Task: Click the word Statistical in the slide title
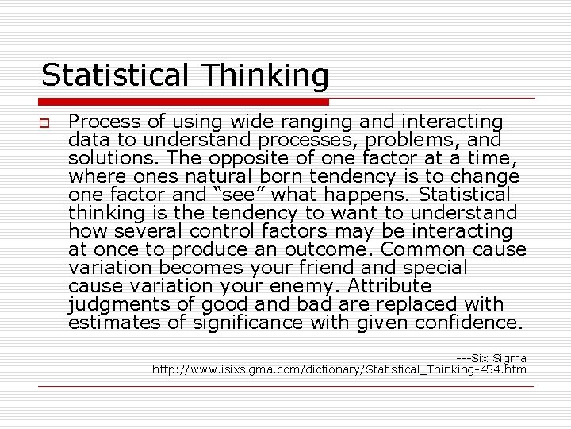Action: [114, 76]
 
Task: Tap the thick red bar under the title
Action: [184, 102]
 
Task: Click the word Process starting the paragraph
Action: [100, 122]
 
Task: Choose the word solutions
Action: [105, 158]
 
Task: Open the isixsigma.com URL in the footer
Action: [339, 369]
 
